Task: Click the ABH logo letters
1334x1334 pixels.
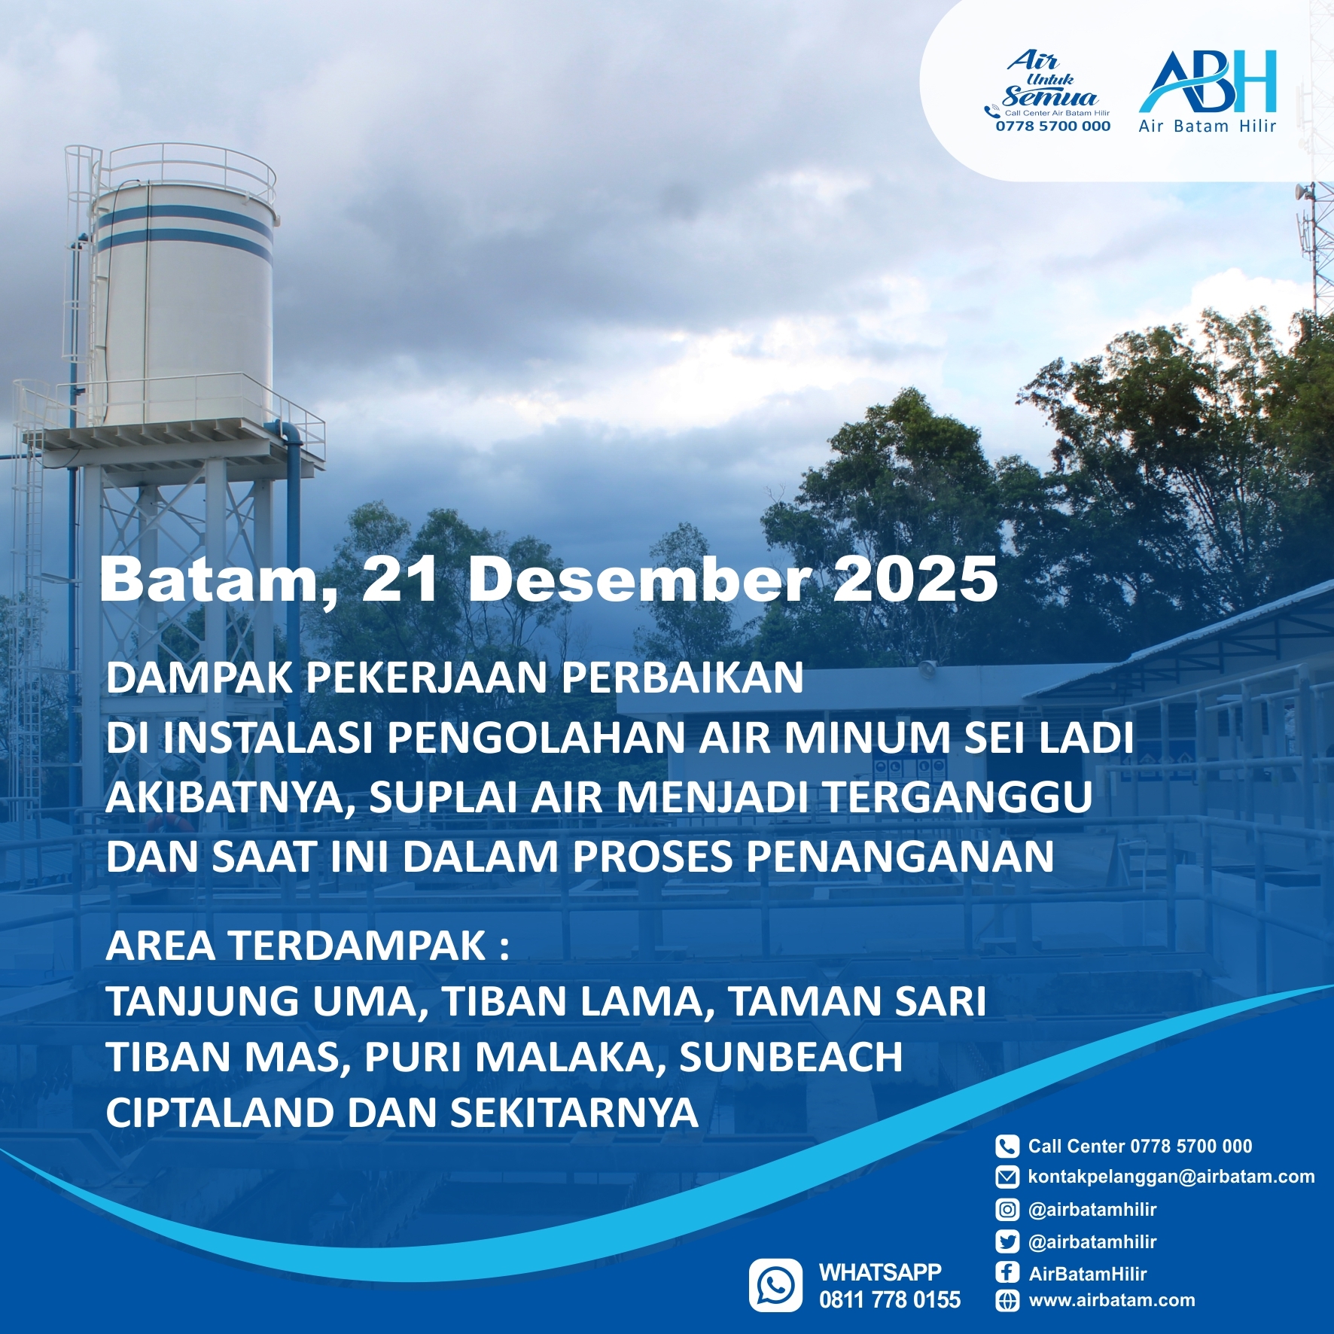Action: click(x=1208, y=81)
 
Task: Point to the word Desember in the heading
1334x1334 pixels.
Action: click(x=638, y=580)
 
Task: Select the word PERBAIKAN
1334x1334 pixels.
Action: click(x=683, y=678)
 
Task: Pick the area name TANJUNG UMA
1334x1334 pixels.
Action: click(x=261, y=1002)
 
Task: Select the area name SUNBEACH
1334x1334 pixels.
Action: click(x=791, y=1057)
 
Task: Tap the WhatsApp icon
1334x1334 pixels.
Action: click(x=775, y=1285)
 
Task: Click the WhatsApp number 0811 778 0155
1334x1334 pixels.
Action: click(x=890, y=1300)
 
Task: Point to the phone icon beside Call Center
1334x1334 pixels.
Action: click(x=1007, y=1147)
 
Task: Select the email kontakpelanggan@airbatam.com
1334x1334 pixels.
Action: click(x=1171, y=1177)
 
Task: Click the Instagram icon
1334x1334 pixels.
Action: click(x=1007, y=1210)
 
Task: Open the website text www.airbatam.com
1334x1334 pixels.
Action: click(x=1112, y=1300)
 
